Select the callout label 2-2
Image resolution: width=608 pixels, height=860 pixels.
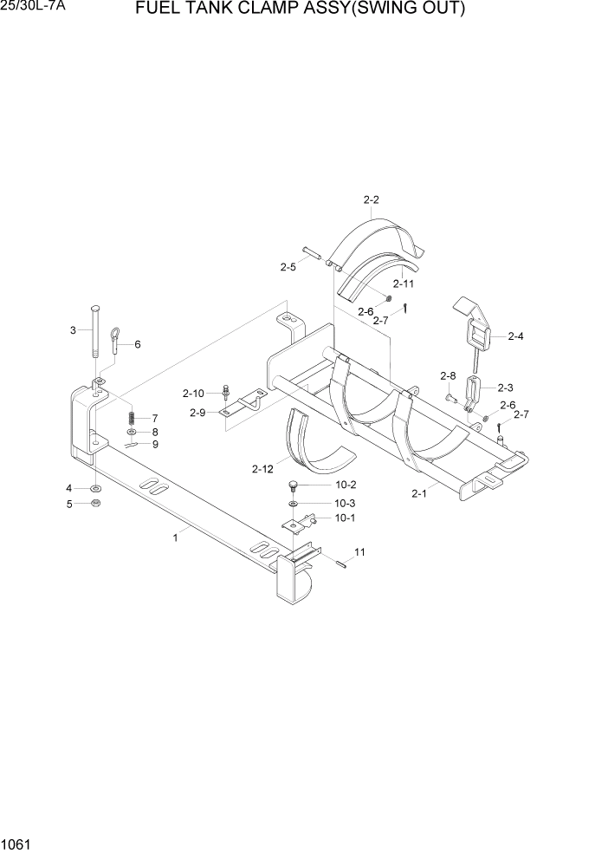[371, 200]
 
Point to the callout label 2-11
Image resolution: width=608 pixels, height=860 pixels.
[403, 283]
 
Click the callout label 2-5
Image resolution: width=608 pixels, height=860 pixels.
[288, 268]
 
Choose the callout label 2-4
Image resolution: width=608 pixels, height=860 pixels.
[515, 336]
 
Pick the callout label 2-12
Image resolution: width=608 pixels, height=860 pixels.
[263, 469]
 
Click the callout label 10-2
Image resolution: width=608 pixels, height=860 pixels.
[321, 485]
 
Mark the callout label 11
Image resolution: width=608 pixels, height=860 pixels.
[359, 551]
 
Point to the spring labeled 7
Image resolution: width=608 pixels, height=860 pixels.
[131, 417]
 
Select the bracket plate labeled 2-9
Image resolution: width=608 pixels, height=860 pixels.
[244, 405]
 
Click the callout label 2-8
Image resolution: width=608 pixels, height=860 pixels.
[448, 375]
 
